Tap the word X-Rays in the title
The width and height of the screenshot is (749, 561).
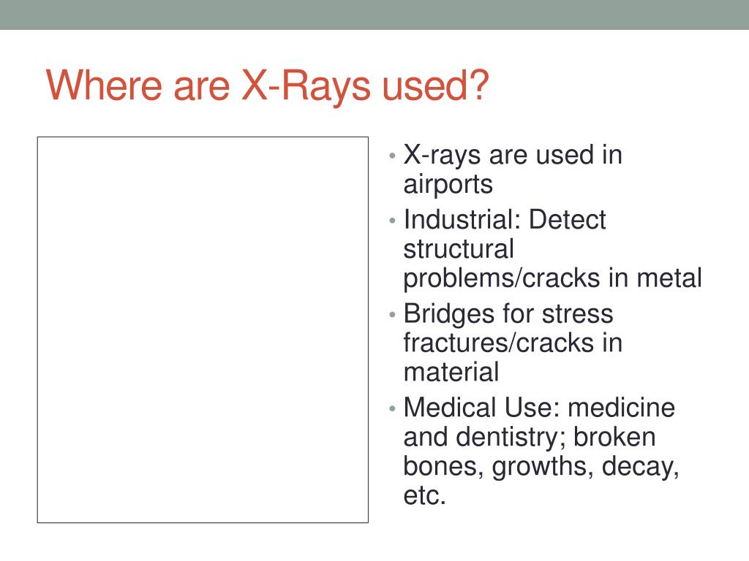(x=306, y=88)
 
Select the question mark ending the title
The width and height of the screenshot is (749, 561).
(x=478, y=85)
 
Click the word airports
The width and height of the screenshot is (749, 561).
(x=448, y=185)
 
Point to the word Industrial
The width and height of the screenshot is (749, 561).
(x=458, y=219)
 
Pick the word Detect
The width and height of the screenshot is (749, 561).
(x=568, y=219)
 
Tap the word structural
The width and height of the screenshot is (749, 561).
(x=459, y=249)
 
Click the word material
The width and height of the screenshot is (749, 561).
(x=451, y=372)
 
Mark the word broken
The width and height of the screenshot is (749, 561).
(x=614, y=437)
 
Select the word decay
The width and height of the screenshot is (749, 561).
(x=640, y=467)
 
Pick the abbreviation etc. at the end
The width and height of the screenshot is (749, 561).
(x=425, y=496)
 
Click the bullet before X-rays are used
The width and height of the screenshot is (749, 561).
(x=393, y=156)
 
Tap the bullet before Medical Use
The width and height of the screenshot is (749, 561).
(x=393, y=409)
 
